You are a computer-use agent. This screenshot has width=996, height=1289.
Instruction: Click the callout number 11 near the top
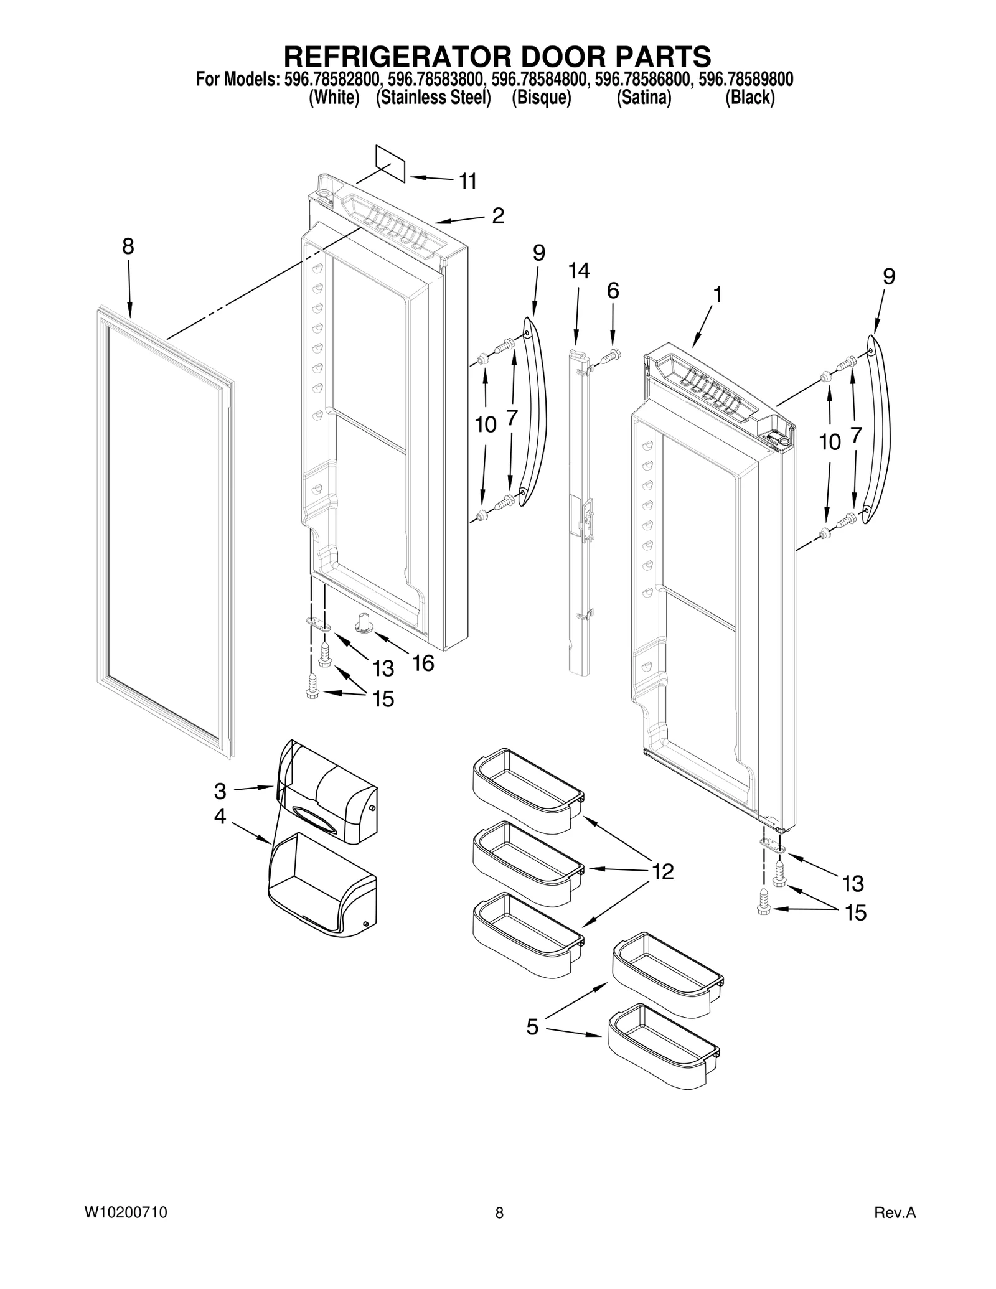point(467,181)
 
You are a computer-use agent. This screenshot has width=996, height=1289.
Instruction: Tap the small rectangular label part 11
point(390,164)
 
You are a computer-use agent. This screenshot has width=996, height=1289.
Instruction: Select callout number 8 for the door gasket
point(128,247)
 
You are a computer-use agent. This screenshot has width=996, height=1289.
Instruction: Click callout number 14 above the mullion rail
point(578,271)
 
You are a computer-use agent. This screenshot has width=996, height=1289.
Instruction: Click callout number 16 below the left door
point(423,663)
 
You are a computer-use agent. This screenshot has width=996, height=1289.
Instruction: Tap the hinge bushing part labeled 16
point(363,622)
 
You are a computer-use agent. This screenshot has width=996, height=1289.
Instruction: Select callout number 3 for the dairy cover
point(220,791)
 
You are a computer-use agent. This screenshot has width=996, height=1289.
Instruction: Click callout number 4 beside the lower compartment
point(220,816)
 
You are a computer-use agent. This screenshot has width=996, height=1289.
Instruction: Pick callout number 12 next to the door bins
point(662,872)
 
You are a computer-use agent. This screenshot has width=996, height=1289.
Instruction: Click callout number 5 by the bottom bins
point(532,1026)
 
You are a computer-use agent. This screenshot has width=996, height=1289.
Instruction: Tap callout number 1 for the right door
point(717,294)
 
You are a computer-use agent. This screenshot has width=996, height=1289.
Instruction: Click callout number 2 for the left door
point(497,216)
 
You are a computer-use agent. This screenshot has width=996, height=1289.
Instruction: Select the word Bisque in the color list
point(541,98)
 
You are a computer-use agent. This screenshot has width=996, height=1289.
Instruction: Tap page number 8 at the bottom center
point(499,1212)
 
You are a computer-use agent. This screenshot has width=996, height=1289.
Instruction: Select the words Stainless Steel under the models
point(434,98)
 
